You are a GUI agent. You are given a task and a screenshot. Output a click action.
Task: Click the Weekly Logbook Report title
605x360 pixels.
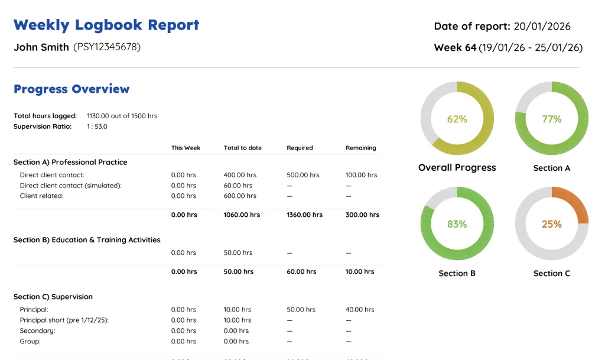pyautogui.click(x=106, y=25)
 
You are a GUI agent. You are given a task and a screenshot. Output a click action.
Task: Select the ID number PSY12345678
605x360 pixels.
pyautogui.click(x=107, y=47)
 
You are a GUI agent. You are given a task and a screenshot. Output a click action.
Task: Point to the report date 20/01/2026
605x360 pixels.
pyautogui.click(x=542, y=26)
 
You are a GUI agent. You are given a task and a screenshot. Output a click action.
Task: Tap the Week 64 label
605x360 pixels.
pyautogui.click(x=455, y=48)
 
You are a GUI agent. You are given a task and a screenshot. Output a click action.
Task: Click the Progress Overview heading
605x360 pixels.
pyautogui.click(x=71, y=89)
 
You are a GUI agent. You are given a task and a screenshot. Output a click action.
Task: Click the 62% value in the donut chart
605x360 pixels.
pyautogui.click(x=457, y=119)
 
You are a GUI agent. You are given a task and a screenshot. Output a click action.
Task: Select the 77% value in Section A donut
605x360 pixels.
pyautogui.click(x=551, y=119)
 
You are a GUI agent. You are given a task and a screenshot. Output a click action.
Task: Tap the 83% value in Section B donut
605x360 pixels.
pyautogui.click(x=457, y=224)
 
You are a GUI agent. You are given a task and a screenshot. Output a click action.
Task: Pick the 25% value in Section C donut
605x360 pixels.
pyautogui.click(x=551, y=224)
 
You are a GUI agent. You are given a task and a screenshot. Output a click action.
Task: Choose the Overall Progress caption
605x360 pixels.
pyautogui.click(x=457, y=168)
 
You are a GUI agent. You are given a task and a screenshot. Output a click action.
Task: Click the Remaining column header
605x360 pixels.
pyautogui.click(x=360, y=148)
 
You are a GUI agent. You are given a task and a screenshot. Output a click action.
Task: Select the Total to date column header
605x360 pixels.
pyautogui.click(x=242, y=148)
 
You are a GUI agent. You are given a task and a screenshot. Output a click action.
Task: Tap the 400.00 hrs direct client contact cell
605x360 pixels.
pyautogui.click(x=240, y=175)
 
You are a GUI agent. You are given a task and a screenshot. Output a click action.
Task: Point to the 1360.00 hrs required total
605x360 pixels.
pyautogui.click(x=304, y=215)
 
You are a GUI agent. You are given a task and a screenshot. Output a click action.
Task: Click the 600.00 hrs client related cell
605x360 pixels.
pyautogui.click(x=240, y=196)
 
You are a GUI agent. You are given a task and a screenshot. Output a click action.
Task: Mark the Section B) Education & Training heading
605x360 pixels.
pyautogui.click(x=87, y=240)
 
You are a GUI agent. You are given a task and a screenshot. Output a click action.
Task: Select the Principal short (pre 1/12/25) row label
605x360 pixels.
pyautogui.click(x=64, y=320)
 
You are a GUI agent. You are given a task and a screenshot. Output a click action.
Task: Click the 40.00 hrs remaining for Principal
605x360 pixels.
pyautogui.click(x=360, y=309)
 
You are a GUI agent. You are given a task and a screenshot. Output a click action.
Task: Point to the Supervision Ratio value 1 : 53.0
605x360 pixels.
pyautogui.click(x=97, y=127)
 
